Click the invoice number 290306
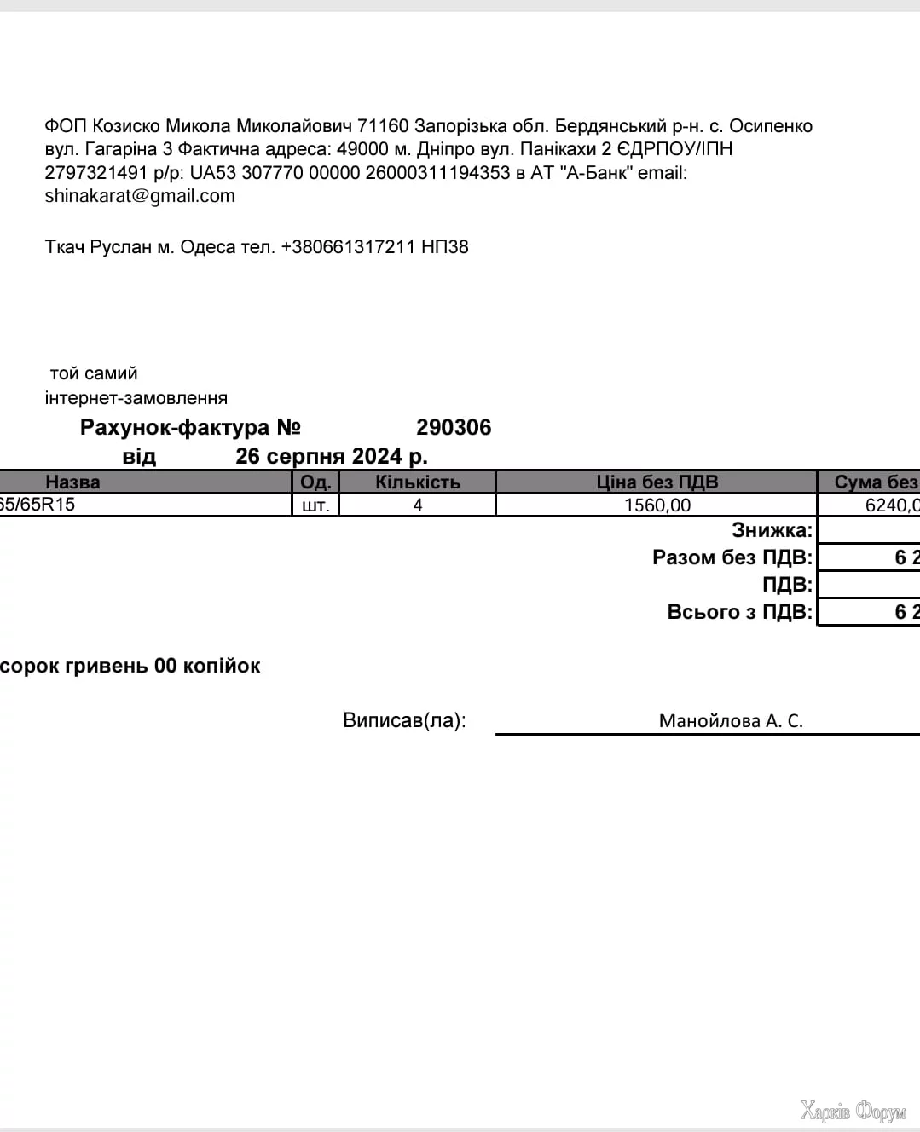tap(454, 427)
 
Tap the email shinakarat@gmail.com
tap(140, 196)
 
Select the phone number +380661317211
tap(348, 247)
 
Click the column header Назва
tap(72, 482)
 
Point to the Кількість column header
tap(418, 482)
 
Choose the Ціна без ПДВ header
tap(657, 482)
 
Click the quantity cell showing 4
tap(418, 505)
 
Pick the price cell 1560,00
tap(657, 505)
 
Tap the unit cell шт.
tap(315, 505)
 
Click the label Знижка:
tap(772, 530)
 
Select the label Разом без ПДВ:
tap(732, 557)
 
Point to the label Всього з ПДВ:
tap(740, 612)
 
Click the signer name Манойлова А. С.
tap(731, 721)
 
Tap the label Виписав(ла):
tap(404, 720)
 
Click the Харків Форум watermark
tap(853, 1112)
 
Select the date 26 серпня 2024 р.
tap(332, 456)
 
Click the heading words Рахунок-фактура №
tap(190, 427)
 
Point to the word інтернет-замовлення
tap(136, 398)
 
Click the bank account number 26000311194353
tap(437, 173)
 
